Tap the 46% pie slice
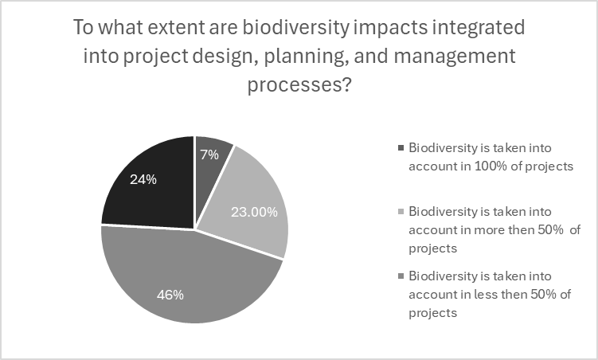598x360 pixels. tap(183, 279)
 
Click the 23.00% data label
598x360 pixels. tap(253, 212)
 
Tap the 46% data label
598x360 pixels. tap(170, 295)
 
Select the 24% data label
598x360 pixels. tap(144, 179)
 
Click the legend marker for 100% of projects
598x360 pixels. tap(400, 148)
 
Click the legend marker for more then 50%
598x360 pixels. tap(400, 213)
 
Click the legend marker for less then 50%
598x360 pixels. tap(400, 277)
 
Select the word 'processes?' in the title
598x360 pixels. tap(299, 84)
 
